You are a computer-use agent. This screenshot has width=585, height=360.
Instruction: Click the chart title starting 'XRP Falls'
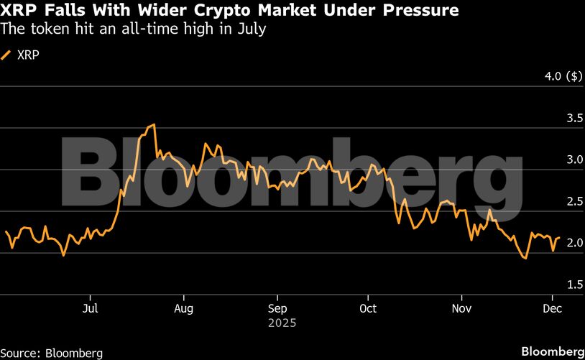click(231, 11)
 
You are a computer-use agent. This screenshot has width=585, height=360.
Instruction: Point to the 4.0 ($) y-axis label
click(563, 76)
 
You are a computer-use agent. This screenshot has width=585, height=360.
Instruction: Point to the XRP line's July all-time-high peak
click(154, 125)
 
